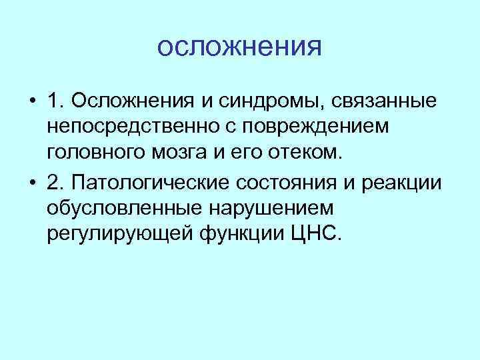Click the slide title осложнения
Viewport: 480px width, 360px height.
pyautogui.click(x=240, y=47)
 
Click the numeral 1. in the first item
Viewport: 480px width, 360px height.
pyautogui.click(x=56, y=101)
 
